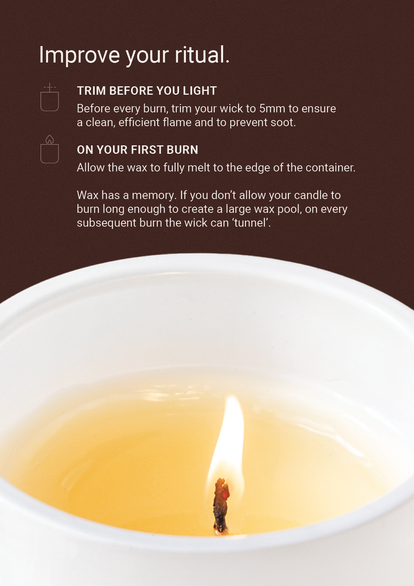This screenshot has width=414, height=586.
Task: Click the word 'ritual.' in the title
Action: click(202, 55)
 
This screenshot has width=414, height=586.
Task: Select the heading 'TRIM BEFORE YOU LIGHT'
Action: click(147, 91)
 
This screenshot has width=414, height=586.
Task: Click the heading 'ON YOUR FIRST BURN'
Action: click(137, 150)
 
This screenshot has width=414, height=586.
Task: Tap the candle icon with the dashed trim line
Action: click(49, 97)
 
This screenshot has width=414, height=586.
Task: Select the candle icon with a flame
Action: click(49, 149)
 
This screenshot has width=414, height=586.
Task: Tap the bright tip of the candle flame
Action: click(231, 398)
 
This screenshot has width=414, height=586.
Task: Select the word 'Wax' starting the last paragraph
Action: click(88, 195)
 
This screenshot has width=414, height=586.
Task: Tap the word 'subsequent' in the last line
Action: click(106, 223)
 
